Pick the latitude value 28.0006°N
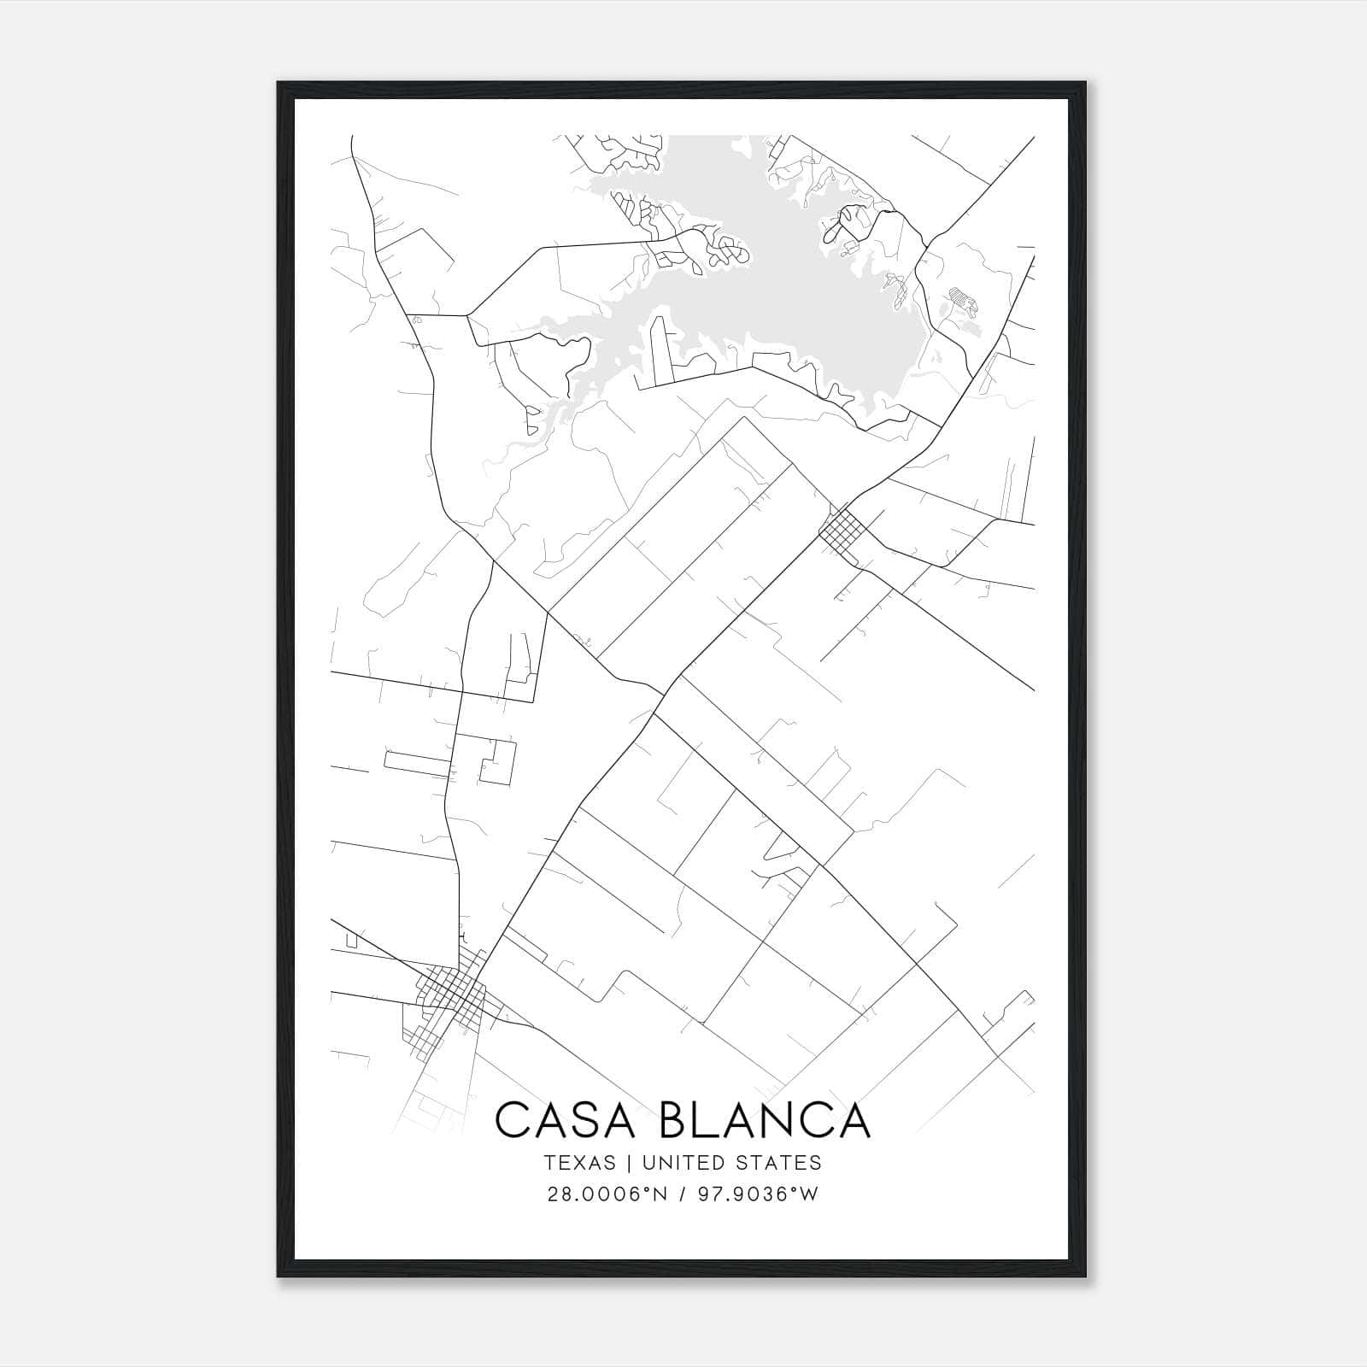pos(606,1194)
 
